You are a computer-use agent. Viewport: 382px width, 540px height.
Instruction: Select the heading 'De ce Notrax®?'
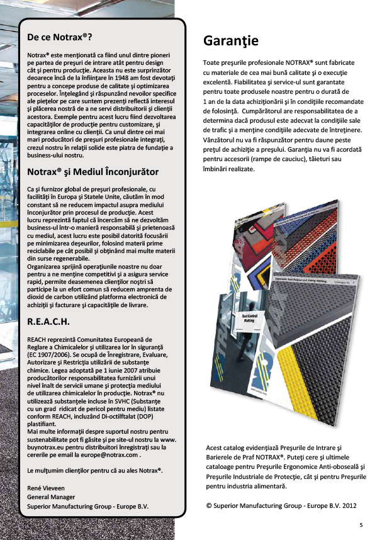pos(60,38)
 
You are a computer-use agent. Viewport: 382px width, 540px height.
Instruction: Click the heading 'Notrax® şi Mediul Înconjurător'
pos(93,172)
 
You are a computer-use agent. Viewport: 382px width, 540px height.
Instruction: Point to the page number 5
pos(361,524)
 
